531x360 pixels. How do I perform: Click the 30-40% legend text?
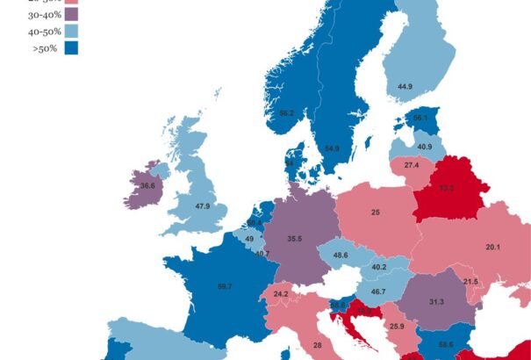(44, 14)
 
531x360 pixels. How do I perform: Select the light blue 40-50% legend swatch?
(71, 31)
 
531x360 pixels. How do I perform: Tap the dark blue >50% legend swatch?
(71, 47)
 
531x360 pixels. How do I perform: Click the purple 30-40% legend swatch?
(71, 14)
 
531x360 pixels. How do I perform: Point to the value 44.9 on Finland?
(405, 87)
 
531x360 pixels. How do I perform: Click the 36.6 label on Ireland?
(147, 186)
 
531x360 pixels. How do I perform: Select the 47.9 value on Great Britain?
(202, 206)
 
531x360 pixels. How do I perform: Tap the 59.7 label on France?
(224, 286)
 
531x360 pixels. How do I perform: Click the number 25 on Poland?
(375, 212)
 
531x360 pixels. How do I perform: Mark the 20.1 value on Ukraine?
(493, 248)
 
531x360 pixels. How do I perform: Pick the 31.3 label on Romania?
(436, 302)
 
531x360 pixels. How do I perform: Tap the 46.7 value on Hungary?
(378, 292)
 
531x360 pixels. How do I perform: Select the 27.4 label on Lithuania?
(412, 166)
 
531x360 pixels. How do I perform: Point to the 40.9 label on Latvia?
(424, 147)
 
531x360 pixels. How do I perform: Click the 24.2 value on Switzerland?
(281, 294)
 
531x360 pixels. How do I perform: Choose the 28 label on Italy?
(317, 346)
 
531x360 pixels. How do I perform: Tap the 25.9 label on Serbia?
(397, 327)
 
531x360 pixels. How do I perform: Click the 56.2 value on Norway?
(286, 113)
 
